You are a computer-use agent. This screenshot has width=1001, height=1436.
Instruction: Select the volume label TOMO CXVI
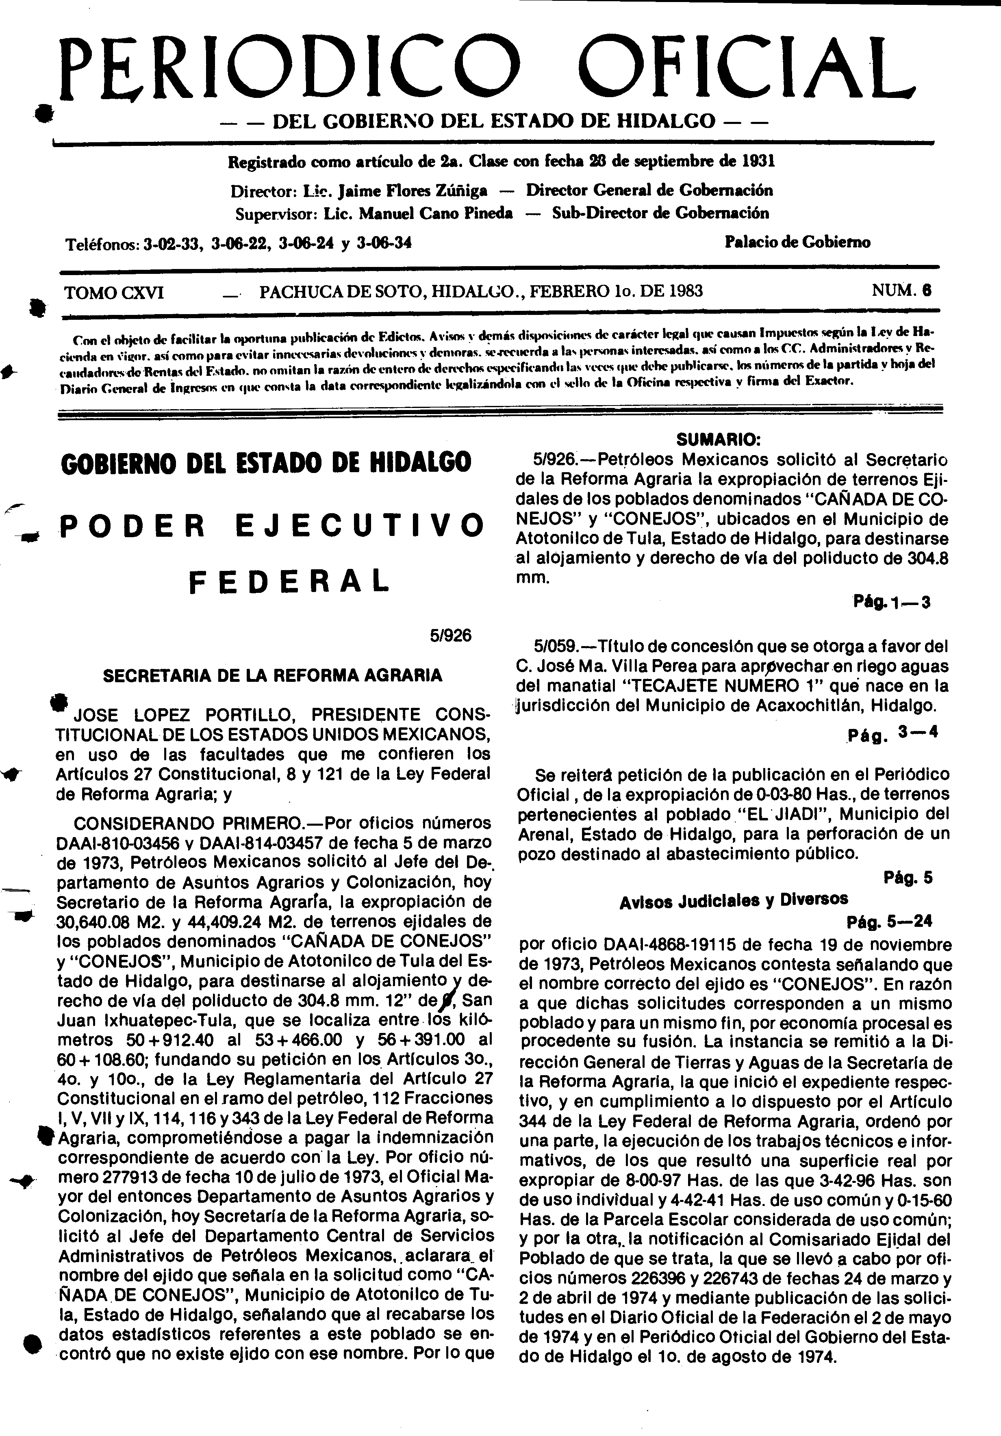[x=115, y=292]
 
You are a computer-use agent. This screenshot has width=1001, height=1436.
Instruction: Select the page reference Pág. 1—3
[x=892, y=603]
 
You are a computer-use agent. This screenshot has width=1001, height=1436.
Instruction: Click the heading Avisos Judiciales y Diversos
[x=733, y=900]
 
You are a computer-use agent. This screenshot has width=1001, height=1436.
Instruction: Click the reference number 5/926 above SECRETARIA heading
[x=450, y=636]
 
